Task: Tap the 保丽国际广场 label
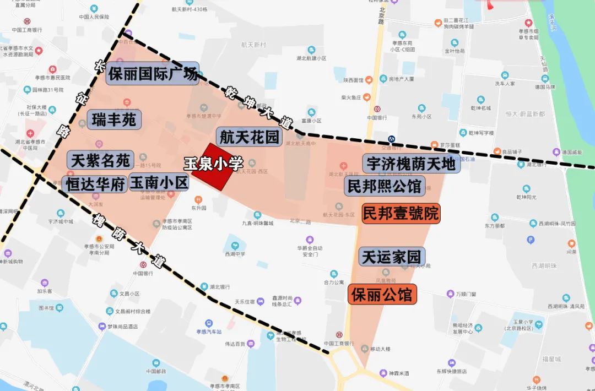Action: coord(153,73)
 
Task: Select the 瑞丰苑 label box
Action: coord(115,120)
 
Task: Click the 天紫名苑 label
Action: coord(100,160)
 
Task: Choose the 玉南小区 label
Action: coord(159,183)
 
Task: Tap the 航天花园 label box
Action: coord(249,137)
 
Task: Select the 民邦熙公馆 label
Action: coord(385,186)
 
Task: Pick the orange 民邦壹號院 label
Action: coord(401,213)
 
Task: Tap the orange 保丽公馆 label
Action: coord(382,294)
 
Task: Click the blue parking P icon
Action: coord(531,240)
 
